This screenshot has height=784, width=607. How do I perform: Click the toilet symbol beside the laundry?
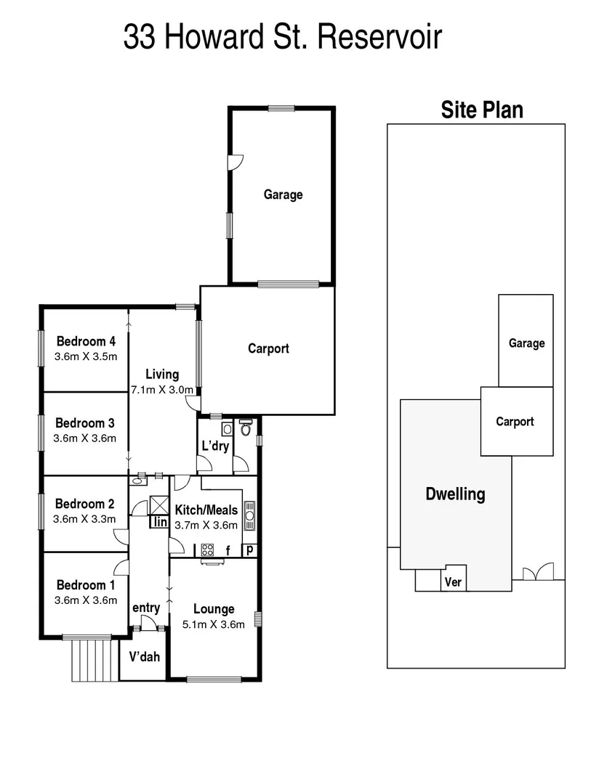pyautogui.click(x=246, y=428)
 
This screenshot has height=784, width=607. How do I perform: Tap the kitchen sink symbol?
pyautogui.click(x=249, y=515)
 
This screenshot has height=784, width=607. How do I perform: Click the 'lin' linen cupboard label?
pyautogui.click(x=159, y=522)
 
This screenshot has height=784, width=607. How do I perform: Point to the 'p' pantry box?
pyautogui.click(x=249, y=550)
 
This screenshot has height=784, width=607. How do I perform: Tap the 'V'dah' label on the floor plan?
pyautogui.click(x=144, y=658)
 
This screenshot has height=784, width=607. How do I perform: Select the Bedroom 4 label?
pyautogui.click(x=86, y=341)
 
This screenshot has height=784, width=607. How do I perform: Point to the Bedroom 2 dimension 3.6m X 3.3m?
pyautogui.click(x=85, y=519)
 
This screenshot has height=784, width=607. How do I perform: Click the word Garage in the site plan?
pyautogui.click(x=526, y=343)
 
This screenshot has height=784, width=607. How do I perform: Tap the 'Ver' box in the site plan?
pyautogui.click(x=454, y=582)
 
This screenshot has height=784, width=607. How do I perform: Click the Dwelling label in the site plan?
pyautogui.click(x=454, y=494)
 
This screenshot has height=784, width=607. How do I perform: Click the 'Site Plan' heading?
pyautogui.click(x=482, y=110)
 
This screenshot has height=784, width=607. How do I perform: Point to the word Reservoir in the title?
pyautogui.click(x=379, y=37)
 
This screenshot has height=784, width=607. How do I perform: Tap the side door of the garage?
pyautogui.click(x=234, y=162)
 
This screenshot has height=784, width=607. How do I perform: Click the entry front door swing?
pyautogui.click(x=150, y=622)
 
